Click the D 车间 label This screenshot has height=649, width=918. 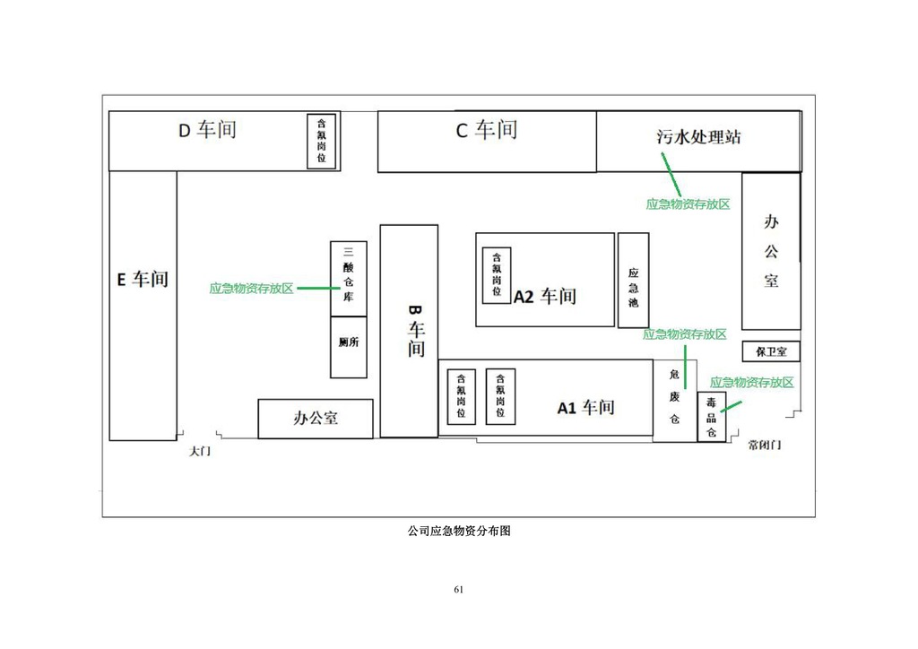[206, 131]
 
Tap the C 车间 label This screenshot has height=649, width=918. [486, 131]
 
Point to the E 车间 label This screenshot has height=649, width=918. [143, 279]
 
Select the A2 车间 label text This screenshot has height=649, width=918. [545, 297]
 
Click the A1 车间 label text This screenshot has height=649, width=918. [585, 408]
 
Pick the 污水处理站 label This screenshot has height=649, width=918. [698, 137]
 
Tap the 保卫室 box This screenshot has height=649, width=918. [771, 351]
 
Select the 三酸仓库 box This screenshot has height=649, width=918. [349, 278]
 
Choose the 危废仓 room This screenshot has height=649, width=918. [675, 400]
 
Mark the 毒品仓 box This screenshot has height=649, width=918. [711, 417]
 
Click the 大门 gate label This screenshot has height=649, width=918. [200, 452]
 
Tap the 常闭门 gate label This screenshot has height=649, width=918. [765, 445]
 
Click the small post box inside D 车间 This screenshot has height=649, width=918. [322, 141]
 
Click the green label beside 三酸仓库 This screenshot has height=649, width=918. [252, 289]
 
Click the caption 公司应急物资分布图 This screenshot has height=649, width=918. [459, 531]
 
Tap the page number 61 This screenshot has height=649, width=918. [459, 589]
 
